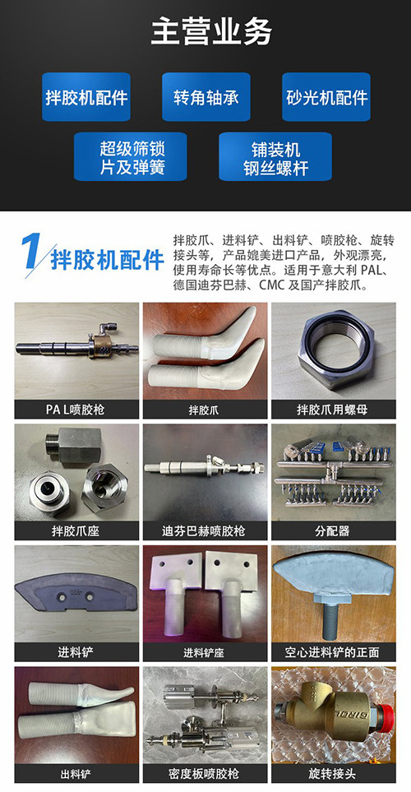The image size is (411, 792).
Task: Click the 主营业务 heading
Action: point(211,31)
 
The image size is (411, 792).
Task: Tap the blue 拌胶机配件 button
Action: point(86,97)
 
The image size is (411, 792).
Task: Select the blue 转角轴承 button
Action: point(206,97)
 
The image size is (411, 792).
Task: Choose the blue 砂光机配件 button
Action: point(326,97)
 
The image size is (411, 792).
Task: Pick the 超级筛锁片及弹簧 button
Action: point(131,156)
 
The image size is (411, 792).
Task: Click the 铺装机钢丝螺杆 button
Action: point(275,156)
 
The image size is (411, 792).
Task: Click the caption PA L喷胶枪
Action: point(76,409)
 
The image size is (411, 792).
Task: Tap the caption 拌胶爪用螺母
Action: point(333,409)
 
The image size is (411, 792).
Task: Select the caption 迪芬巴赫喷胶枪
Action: point(205,530)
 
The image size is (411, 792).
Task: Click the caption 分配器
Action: point(333,530)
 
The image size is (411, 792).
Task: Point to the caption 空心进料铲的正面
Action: point(333,652)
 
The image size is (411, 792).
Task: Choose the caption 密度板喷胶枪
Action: point(205,774)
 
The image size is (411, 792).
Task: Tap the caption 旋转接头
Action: point(333,774)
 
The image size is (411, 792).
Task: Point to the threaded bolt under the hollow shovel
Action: point(332,618)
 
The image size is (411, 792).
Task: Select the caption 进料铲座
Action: point(205,652)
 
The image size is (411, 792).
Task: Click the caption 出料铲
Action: point(76,774)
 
